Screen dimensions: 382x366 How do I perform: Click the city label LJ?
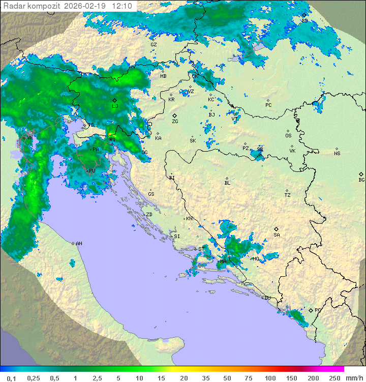coord(115,106)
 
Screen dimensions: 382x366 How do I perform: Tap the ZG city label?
coord(175,122)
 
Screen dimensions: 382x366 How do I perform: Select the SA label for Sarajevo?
coord(277,234)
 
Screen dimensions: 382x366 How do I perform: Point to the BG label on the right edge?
coord(361,180)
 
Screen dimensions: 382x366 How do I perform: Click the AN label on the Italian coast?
coord(79,244)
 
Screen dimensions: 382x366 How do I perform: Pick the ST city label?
coord(201,249)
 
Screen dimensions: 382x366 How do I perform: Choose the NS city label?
coord(337,154)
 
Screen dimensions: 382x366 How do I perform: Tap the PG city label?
coord(318,310)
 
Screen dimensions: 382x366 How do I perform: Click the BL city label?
coord(227,183)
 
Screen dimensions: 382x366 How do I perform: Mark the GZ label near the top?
coord(154,45)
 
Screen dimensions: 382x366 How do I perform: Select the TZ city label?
coord(288,195)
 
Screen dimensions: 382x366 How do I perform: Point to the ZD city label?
coord(149,215)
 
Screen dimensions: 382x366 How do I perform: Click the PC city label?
coord(268,105)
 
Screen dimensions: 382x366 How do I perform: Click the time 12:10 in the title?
coord(123,6)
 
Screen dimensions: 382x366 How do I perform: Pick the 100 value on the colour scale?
coord(270,378)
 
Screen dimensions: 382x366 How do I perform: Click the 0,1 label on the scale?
coord(11,378)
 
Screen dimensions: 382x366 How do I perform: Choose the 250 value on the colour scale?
coord(334,378)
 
